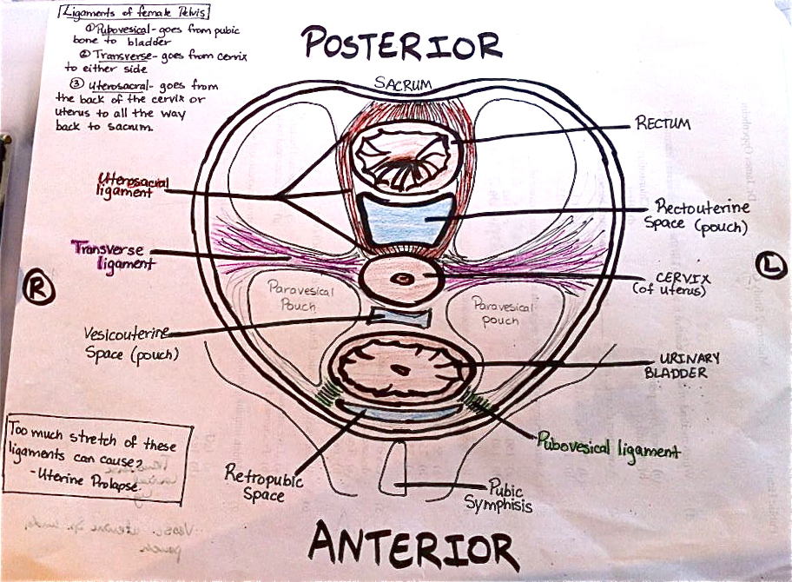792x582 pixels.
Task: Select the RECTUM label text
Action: coord(663,124)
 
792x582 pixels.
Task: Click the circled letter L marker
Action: coord(771,264)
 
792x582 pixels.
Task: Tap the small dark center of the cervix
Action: coord(403,279)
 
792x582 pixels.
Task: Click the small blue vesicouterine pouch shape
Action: coord(399,317)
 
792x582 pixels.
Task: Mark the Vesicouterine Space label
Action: coord(128,343)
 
